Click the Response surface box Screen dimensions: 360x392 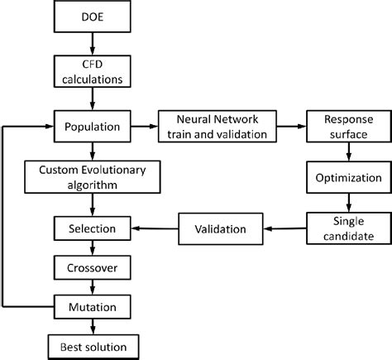(347, 127)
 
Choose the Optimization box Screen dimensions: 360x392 (347, 177)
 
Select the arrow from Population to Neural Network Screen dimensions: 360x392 (143, 127)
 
